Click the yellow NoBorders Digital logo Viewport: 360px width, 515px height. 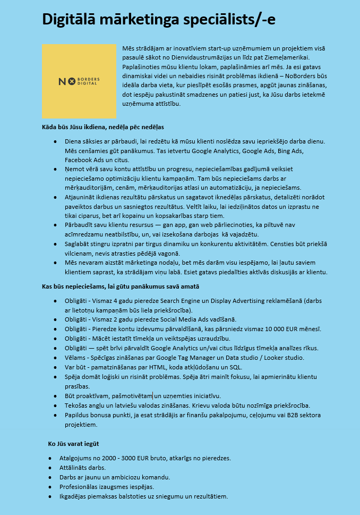(x=79, y=81)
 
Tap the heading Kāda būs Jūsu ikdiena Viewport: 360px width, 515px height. (x=103, y=127)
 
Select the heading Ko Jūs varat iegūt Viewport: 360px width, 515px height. (x=73, y=443)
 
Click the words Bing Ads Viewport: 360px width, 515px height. (x=288, y=151)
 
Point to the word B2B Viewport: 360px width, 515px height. (x=297, y=415)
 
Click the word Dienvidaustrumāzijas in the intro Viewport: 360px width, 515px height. (x=226, y=57)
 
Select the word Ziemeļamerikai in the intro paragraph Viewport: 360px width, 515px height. (x=287, y=57)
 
